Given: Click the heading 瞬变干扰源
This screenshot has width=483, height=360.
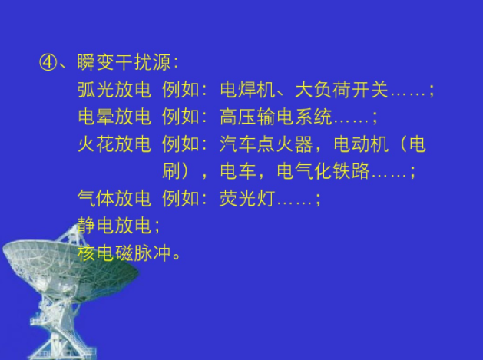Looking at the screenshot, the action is [124, 62].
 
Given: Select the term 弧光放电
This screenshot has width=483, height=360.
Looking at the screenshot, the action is [114, 90].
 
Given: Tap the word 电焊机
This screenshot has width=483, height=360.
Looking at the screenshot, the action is [247, 90].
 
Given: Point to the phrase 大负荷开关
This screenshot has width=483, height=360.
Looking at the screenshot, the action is [341, 90].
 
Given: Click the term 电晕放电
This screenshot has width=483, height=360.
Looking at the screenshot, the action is [114, 117].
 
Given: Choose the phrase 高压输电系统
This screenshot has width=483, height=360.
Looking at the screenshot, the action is [276, 117].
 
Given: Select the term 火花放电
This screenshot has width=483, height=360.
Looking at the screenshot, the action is [114, 144].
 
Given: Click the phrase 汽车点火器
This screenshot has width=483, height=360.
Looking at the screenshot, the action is [266, 144].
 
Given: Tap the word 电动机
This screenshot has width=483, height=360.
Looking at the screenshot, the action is [361, 144].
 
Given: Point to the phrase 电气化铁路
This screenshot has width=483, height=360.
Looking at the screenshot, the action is [323, 171].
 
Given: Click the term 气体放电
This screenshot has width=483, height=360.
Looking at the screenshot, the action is [114, 198].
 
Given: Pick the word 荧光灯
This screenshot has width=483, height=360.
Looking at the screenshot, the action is [247, 198].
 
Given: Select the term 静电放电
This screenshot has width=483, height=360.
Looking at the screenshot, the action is [114, 225].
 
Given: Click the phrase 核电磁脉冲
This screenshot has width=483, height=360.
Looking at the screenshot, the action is [124, 253].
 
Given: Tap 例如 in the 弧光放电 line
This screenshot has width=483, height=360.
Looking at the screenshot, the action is [180, 90].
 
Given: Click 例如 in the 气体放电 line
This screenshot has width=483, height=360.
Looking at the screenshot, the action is [180, 198].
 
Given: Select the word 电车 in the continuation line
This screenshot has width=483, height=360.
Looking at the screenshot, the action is [238, 171].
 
